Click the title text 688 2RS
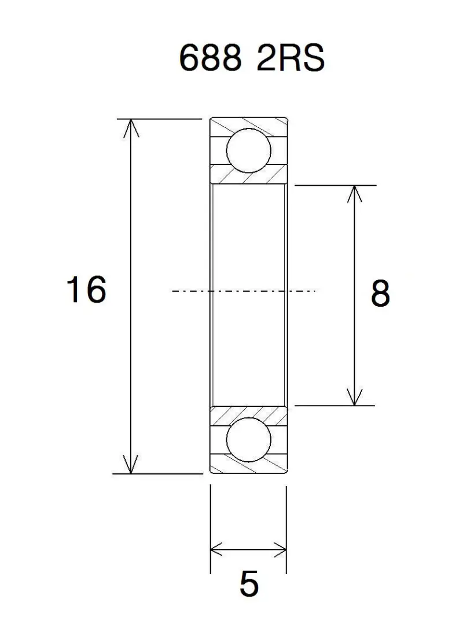pyautogui.click(x=251, y=58)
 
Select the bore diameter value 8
pyautogui.click(x=380, y=294)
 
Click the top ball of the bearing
pyautogui.click(x=249, y=151)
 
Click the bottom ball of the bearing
pyautogui.click(x=249, y=442)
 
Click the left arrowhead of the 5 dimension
pyautogui.click(x=218, y=547)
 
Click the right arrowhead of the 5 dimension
pyautogui.click(x=280, y=547)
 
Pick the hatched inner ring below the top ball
pyautogui.click(x=249, y=175)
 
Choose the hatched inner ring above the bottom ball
pyautogui.click(x=249, y=414)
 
